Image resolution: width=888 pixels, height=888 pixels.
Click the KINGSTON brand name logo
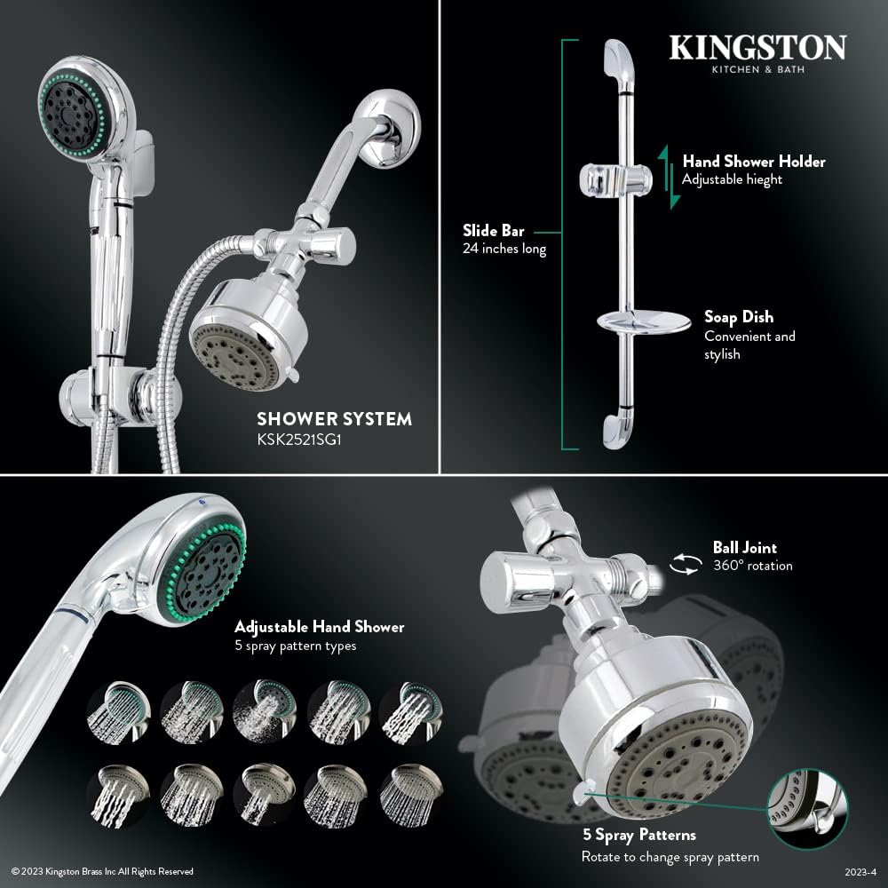tap(757, 47)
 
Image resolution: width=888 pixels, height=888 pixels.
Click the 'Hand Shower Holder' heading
tap(753, 162)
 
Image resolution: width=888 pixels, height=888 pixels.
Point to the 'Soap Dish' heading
tap(738, 317)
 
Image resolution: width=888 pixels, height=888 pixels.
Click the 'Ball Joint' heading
tap(744, 548)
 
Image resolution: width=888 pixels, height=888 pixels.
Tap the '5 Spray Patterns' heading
tap(638, 835)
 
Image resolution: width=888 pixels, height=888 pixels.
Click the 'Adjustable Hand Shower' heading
tap(319, 627)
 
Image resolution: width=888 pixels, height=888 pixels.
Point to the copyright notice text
tap(102, 872)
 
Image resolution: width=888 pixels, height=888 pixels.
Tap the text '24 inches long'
tap(504, 250)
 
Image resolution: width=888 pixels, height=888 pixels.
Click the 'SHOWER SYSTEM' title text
tap(334, 419)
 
